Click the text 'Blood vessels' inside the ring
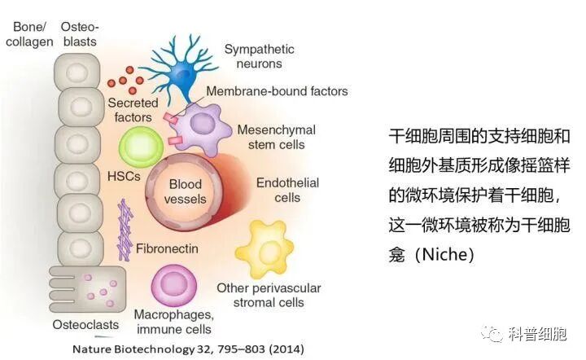coord(185,191)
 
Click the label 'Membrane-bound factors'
coord(278,92)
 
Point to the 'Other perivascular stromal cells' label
coord(268,295)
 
